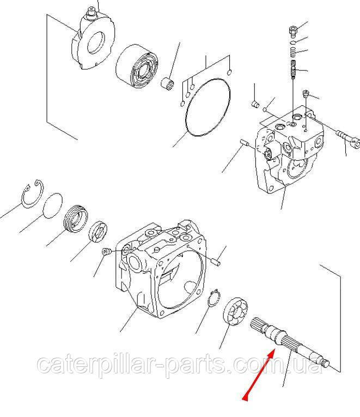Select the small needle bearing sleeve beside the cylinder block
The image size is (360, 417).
click(168, 82)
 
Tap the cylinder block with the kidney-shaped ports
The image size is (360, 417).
click(137, 67)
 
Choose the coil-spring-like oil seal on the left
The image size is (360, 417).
click(76, 219)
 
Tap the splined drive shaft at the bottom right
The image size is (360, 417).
click(290, 342)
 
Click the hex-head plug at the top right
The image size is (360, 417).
click(292, 32)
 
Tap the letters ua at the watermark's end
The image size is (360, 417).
click(309, 364)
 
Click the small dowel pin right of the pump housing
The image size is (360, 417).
click(216, 263)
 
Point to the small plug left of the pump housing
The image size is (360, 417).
click(106, 252)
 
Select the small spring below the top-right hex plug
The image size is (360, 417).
click(293, 52)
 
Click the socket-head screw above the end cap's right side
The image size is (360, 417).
click(306, 94)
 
